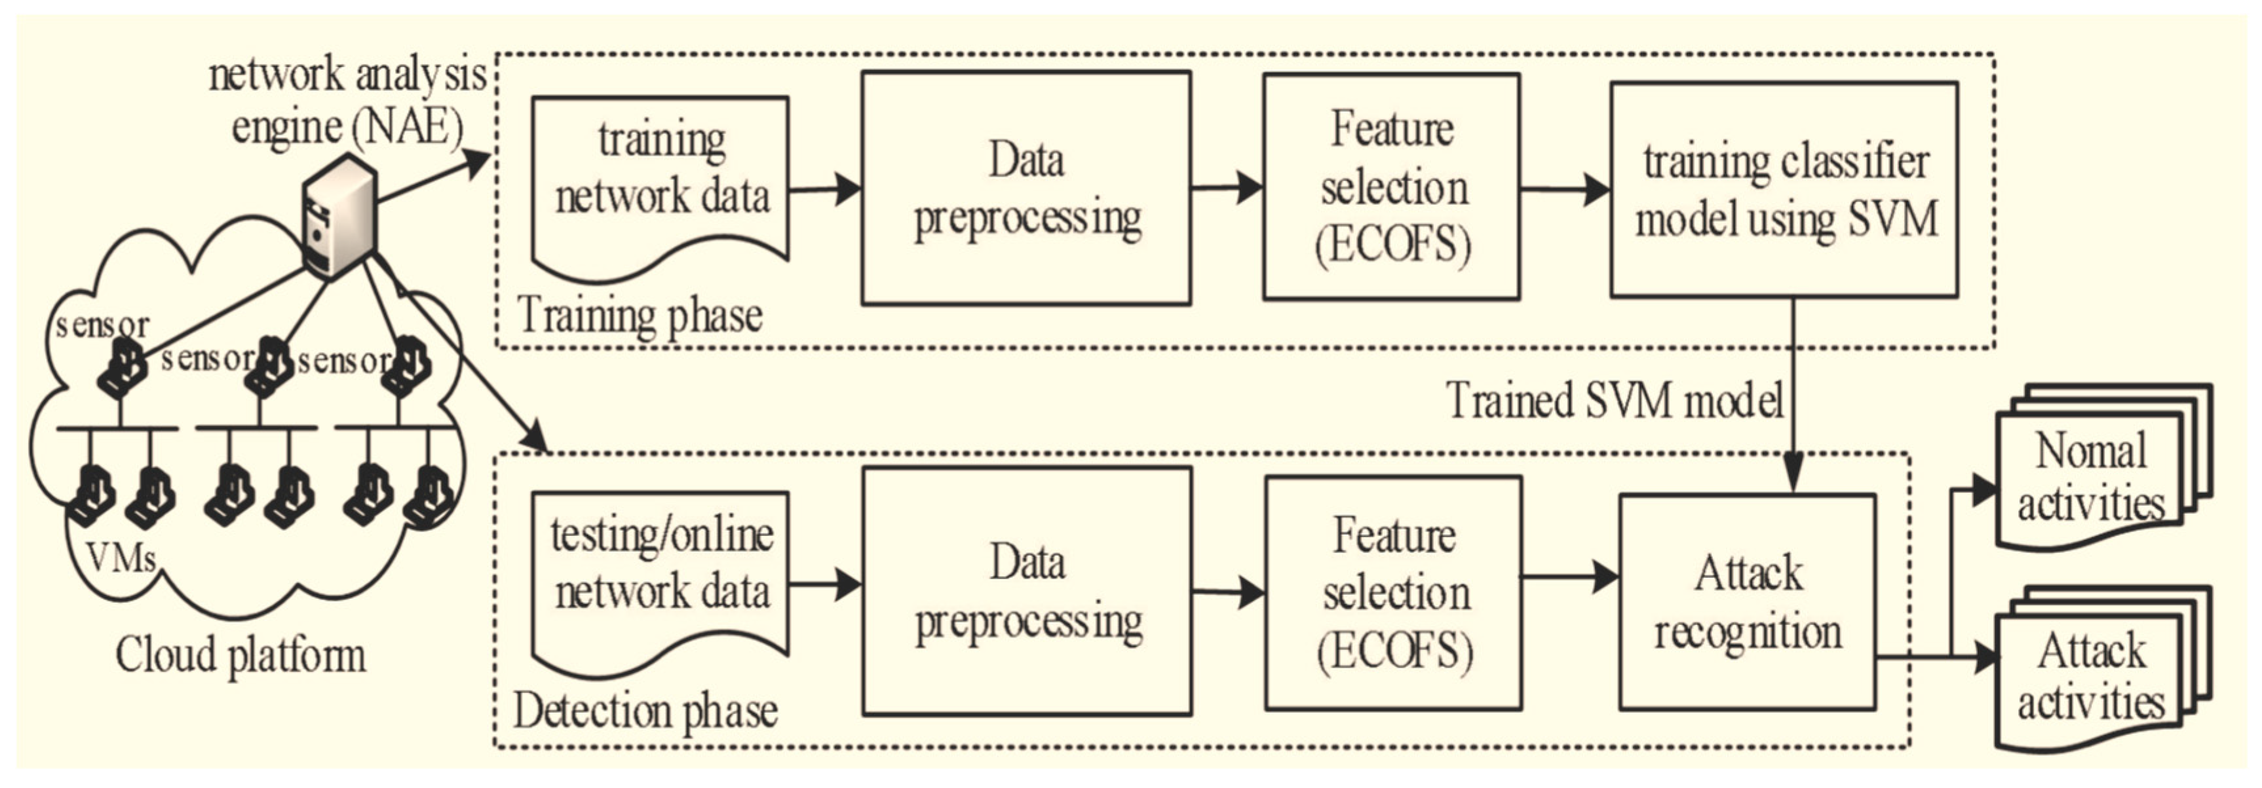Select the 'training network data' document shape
point(661,175)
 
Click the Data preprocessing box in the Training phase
point(1026,188)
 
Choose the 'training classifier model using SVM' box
point(1784,190)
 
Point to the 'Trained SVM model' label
point(1614,401)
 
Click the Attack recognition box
point(1748,602)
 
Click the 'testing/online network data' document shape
point(661,570)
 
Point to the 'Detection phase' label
point(645,711)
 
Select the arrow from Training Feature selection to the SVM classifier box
point(1565,188)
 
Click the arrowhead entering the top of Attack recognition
point(1792,473)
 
